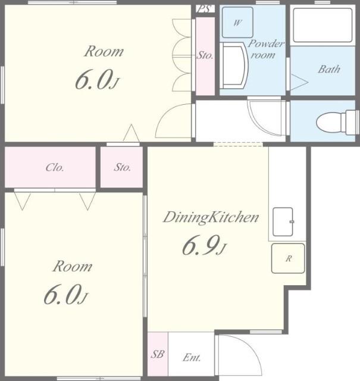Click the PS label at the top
205,9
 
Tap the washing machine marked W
237,23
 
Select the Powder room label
265,49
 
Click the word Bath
329,69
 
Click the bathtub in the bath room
323,25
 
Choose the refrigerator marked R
288,258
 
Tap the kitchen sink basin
283,221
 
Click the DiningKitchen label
211,217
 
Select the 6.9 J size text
204,246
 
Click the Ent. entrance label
192,357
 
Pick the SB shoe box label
158,354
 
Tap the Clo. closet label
55,167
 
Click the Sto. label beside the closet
122,167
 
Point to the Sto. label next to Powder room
205,55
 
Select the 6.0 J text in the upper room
97,80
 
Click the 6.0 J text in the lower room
65,295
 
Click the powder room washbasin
234,65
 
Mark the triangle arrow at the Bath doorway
299,82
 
